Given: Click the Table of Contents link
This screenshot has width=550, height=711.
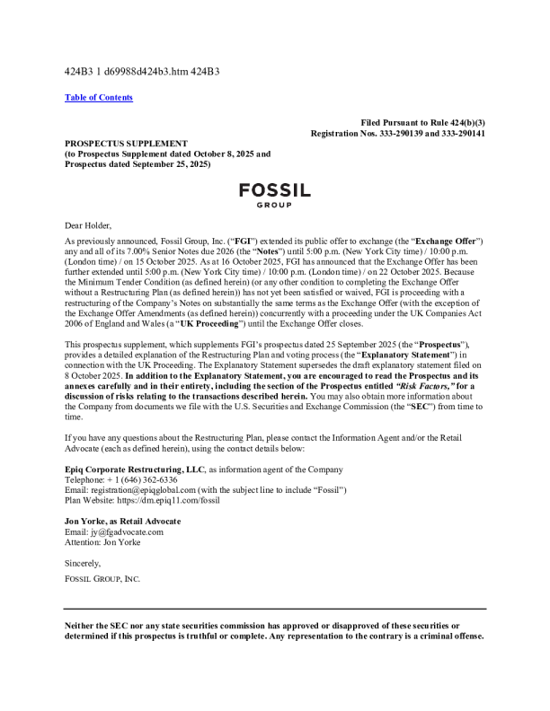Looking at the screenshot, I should tap(99, 98).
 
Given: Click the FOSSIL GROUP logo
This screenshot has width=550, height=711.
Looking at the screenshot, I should tap(275, 195).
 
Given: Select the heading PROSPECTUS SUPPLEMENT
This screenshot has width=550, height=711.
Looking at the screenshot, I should tap(126, 143).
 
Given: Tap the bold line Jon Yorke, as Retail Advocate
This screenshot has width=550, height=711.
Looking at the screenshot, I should tap(123, 521).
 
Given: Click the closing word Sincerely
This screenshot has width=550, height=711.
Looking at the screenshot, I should tap(84, 563).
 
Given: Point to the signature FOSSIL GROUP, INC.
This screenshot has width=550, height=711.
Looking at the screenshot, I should tap(102, 578).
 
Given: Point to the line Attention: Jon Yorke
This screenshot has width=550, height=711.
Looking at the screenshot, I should tap(101, 542).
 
